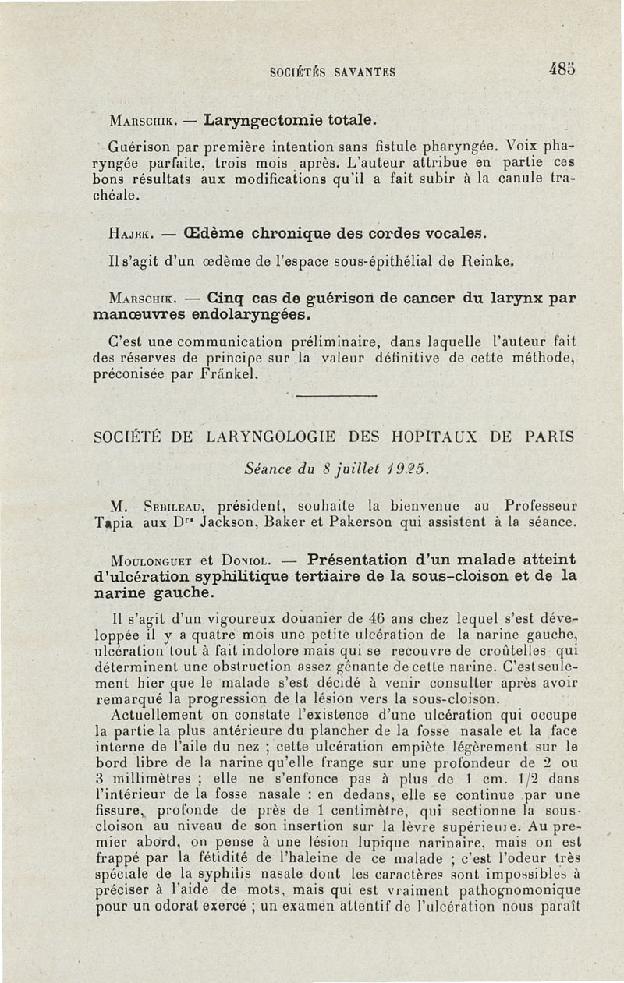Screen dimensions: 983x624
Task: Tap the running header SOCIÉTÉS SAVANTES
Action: pos(332,72)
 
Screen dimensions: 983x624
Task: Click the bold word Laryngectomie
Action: pos(257,121)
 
